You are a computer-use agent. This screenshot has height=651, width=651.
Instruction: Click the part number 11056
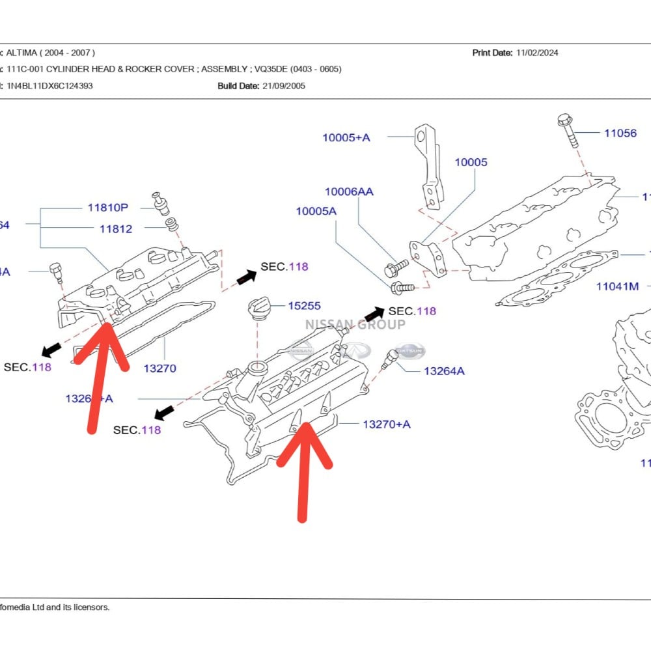tap(620, 133)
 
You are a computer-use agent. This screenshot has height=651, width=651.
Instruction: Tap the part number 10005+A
tap(346, 137)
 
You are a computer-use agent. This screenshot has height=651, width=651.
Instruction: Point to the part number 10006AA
tap(349, 191)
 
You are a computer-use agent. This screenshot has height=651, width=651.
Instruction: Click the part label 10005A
tap(316, 211)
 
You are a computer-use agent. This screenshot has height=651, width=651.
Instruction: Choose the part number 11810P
tap(108, 208)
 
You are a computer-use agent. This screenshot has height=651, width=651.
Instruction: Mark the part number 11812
tap(115, 229)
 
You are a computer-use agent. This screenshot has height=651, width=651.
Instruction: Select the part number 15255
tap(304, 305)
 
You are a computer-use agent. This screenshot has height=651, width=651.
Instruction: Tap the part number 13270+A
tap(387, 424)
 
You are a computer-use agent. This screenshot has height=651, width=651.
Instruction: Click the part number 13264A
tap(444, 371)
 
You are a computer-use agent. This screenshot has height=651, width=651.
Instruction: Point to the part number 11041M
tap(617, 286)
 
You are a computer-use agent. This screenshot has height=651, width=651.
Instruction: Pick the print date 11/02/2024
tap(537, 53)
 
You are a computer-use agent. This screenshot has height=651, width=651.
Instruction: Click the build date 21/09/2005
tap(283, 85)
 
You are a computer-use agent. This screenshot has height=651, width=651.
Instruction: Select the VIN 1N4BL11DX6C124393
tap(49, 85)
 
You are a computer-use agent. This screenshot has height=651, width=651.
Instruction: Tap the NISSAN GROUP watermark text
tap(355, 324)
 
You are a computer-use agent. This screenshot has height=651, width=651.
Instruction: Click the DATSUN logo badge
tap(410, 351)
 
